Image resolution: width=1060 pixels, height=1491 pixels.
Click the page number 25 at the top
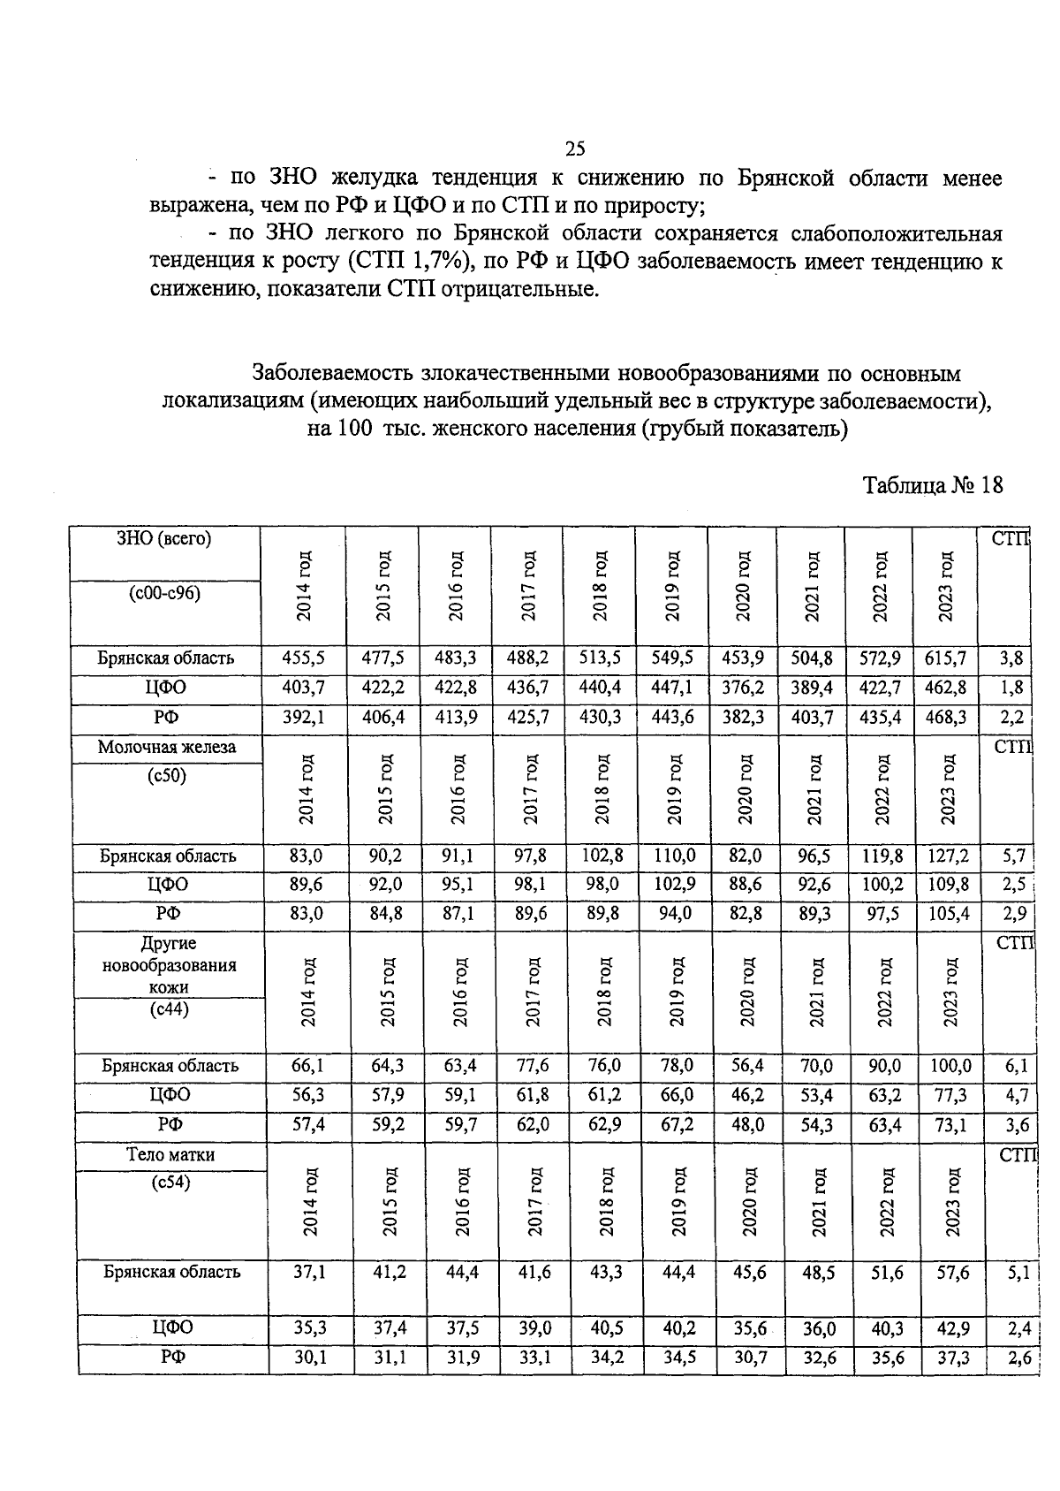(x=575, y=148)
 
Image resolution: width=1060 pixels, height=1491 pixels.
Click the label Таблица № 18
(x=933, y=485)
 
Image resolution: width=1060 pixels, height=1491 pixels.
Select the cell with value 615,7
(x=949, y=658)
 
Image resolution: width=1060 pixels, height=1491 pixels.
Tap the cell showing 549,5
(x=672, y=658)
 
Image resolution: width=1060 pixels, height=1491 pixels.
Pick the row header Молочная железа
(x=167, y=748)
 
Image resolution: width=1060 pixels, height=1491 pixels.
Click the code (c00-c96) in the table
(x=165, y=594)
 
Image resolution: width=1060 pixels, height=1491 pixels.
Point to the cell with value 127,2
(x=949, y=856)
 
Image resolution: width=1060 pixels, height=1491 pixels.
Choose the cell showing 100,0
(x=950, y=1067)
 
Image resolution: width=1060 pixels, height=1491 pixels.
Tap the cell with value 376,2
(x=742, y=688)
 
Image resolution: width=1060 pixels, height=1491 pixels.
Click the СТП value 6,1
(x=1016, y=1067)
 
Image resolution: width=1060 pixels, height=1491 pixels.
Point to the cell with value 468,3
(x=949, y=717)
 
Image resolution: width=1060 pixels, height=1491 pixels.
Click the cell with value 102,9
(x=672, y=885)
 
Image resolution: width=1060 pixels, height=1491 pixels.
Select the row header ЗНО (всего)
(x=164, y=539)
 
